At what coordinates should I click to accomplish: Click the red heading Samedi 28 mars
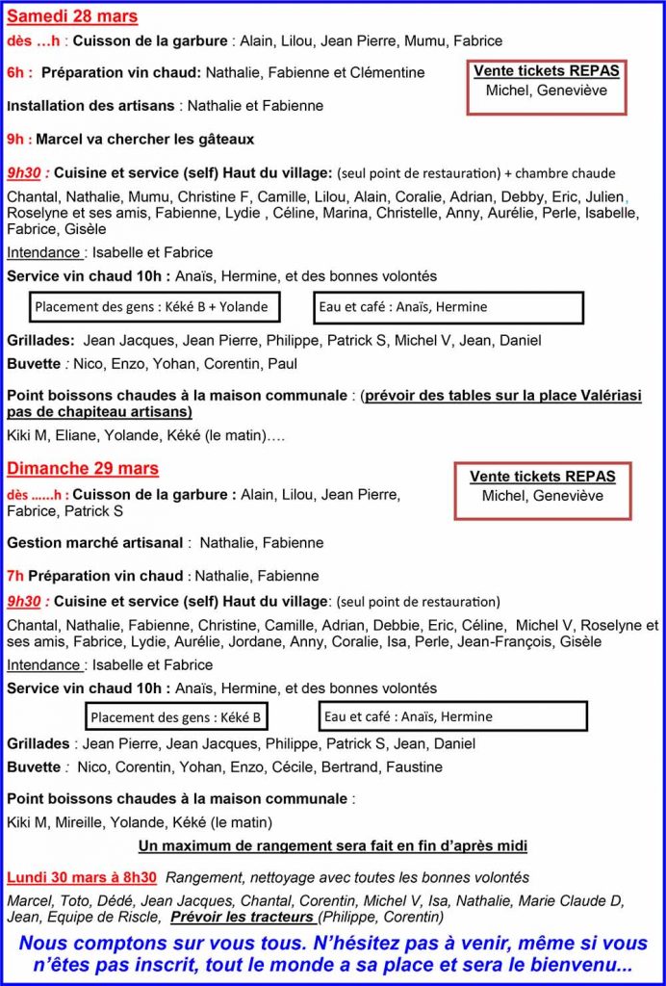click(x=72, y=16)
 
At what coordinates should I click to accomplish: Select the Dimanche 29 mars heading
click(x=83, y=469)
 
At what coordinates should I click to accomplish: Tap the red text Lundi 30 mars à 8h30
click(x=82, y=877)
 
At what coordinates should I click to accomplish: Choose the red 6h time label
click(x=19, y=72)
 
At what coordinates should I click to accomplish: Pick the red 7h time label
click(x=15, y=576)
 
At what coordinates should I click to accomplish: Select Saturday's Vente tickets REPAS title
click(x=547, y=70)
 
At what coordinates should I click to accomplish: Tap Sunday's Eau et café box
click(x=452, y=716)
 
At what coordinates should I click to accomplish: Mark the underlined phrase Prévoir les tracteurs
click(x=242, y=917)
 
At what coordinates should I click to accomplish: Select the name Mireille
click(x=90, y=822)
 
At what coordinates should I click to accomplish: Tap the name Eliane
click(x=84, y=435)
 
